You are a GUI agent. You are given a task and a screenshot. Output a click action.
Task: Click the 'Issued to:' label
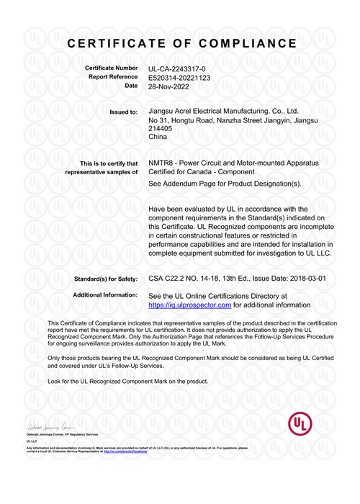click(123, 112)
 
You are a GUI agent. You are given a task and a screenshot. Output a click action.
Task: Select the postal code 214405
click(160, 128)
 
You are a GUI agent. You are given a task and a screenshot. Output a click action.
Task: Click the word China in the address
click(157, 137)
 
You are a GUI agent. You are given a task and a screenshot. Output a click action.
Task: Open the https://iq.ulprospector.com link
click(189, 305)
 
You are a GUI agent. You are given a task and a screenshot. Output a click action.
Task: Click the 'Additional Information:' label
click(106, 295)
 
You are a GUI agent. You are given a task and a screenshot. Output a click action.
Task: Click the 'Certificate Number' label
click(111, 68)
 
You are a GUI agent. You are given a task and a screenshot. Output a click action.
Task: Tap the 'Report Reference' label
click(112, 76)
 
